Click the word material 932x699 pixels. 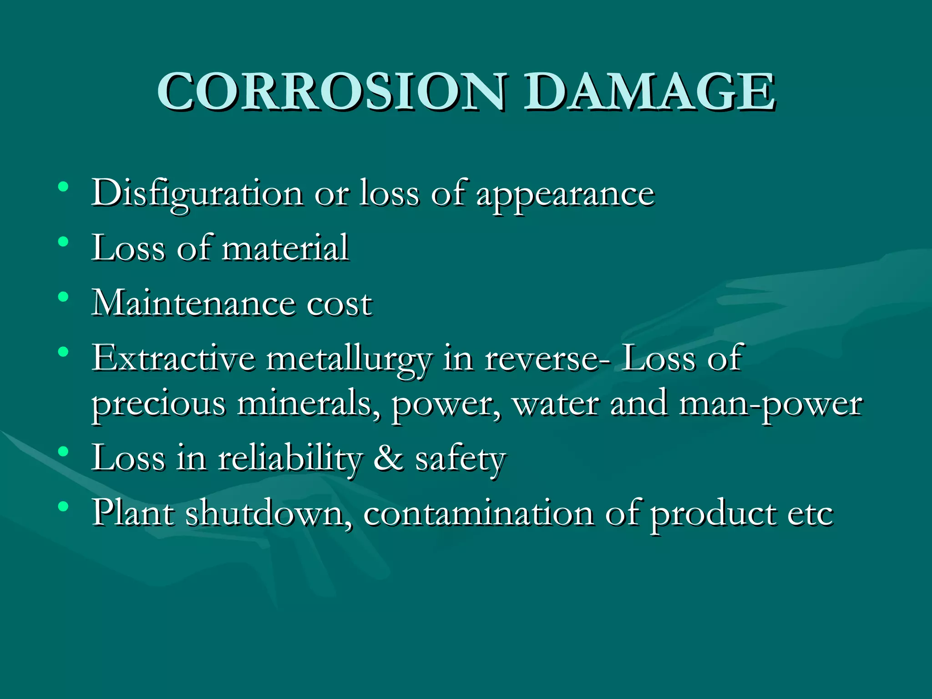(x=285, y=248)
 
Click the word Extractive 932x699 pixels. (x=173, y=358)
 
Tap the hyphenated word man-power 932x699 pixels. (x=770, y=405)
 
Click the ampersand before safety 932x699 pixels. (x=388, y=458)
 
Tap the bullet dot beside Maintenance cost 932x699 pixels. (x=63, y=297)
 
